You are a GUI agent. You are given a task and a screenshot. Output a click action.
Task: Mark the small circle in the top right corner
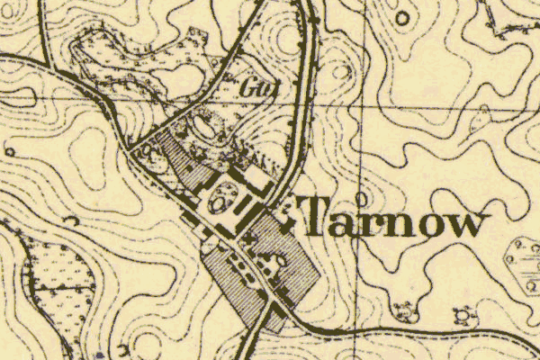pyautogui.click(x=402, y=14)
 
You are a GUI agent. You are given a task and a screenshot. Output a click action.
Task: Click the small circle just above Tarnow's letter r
pyautogui.click(x=361, y=196)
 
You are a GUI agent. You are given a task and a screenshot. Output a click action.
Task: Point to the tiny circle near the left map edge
pyautogui.click(x=9, y=151)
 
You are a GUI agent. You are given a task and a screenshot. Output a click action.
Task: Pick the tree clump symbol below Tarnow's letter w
pyautogui.click(x=463, y=315)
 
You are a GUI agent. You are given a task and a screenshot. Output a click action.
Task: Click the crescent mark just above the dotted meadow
pyautogui.click(x=72, y=221)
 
